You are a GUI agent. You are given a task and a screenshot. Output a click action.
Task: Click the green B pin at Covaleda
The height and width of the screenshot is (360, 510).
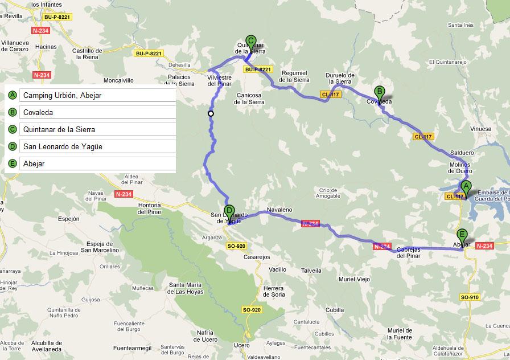tap(380, 92)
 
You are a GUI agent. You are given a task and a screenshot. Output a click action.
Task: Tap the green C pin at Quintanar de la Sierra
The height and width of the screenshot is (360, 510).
tap(250, 42)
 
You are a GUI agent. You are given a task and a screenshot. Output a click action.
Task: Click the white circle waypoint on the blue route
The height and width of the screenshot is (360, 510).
tap(211, 114)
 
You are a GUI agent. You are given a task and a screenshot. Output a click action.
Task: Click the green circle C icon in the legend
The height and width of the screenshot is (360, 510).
tap(13, 130)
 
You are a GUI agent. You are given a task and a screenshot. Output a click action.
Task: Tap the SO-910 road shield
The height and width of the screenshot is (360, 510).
tap(470, 297)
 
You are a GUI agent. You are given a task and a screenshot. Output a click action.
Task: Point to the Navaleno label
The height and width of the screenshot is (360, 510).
tap(279, 210)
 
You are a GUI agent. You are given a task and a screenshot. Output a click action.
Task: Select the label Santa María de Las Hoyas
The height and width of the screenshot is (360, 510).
tap(186, 288)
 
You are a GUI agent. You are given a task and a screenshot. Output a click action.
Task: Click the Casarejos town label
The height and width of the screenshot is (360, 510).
tap(257, 257)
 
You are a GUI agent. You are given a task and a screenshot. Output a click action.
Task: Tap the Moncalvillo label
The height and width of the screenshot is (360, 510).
tap(118, 81)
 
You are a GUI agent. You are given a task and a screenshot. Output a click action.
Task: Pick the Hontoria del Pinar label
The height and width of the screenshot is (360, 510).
tap(149, 208)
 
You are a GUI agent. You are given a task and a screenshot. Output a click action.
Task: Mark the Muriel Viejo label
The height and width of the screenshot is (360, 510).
tap(354, 280)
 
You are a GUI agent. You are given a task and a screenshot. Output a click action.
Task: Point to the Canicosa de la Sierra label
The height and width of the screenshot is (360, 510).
tap(249, 99)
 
